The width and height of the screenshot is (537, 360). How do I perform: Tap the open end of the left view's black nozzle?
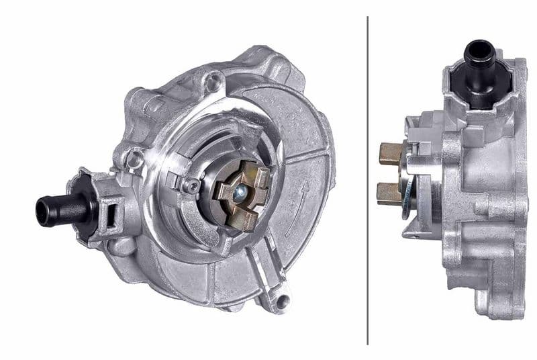point(42,212)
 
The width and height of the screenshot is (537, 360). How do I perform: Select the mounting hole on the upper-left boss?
point(135,159)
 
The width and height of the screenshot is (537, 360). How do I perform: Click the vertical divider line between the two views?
point(368,180)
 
